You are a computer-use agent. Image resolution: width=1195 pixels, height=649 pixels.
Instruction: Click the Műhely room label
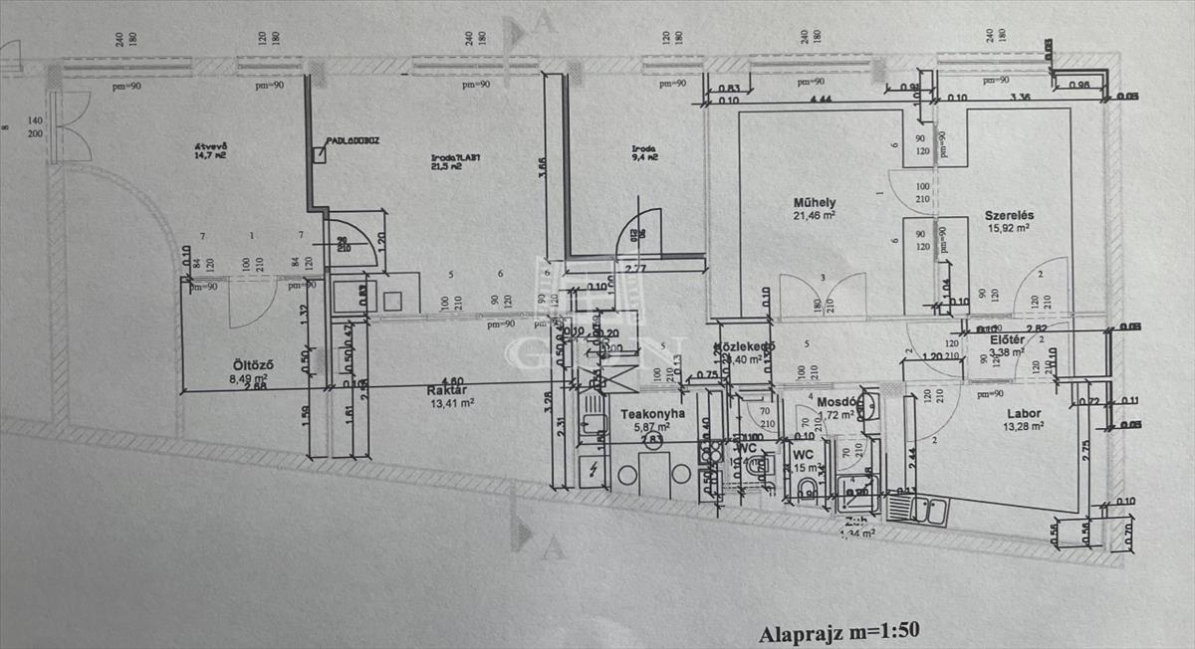(813, 201)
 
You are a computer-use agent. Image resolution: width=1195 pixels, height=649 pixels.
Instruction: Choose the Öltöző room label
(249, 364)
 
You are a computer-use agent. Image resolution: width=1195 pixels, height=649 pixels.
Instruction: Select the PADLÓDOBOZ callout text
(353, 141)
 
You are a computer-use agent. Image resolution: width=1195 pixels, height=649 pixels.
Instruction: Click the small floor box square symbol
(319, 154)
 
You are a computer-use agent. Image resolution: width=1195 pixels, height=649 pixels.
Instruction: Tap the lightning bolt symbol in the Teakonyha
(594, 469)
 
